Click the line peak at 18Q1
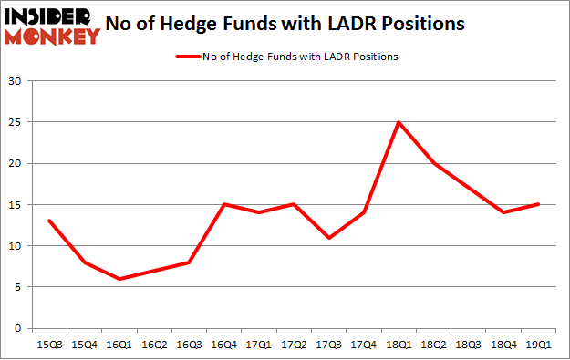tap(398, 122)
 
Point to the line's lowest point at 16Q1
tap(119, 279)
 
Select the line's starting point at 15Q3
tap(49, 221)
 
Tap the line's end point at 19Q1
tap(538, 204)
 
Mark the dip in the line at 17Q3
tap(328, 238)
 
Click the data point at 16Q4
tap(224, 204)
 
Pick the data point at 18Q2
tap(433, 163)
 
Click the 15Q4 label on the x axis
tap(84, 345)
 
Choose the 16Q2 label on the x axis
tap(154, 345)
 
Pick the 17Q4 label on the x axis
tap(363, 345)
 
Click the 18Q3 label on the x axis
tap(468, 345)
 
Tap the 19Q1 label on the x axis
tap(538, 345)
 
